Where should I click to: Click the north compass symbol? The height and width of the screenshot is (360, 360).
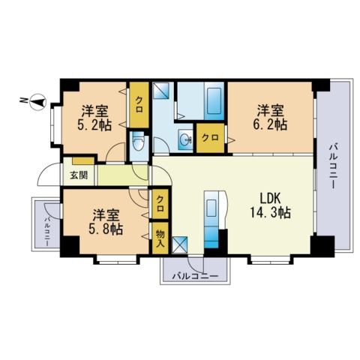point(38,102)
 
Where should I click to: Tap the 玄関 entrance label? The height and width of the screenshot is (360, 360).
point(79,175)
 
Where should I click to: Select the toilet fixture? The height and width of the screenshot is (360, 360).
point(137,141)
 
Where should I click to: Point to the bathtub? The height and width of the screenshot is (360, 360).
point(214,101)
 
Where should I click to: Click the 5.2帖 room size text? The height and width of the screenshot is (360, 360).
point(94,125)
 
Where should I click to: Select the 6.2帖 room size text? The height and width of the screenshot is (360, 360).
point(270,124)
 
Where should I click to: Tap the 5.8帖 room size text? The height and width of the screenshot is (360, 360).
point(106,229)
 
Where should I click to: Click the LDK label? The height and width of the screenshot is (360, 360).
point(270,199)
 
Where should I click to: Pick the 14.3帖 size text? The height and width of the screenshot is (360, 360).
point(270,212)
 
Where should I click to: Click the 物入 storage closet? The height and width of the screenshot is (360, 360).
point(160,238)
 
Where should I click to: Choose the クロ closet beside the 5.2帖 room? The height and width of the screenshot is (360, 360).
point(139,105)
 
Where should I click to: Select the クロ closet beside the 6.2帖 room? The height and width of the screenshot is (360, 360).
point(210,138)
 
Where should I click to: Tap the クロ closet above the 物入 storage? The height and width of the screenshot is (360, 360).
point(160,204)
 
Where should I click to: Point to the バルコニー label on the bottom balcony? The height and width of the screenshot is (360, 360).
point(195,276)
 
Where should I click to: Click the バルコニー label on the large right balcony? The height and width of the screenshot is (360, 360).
point(332,166)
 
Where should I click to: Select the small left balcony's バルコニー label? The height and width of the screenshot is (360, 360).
point(46,232)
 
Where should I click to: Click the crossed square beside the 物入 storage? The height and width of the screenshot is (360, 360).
point(180,245)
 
